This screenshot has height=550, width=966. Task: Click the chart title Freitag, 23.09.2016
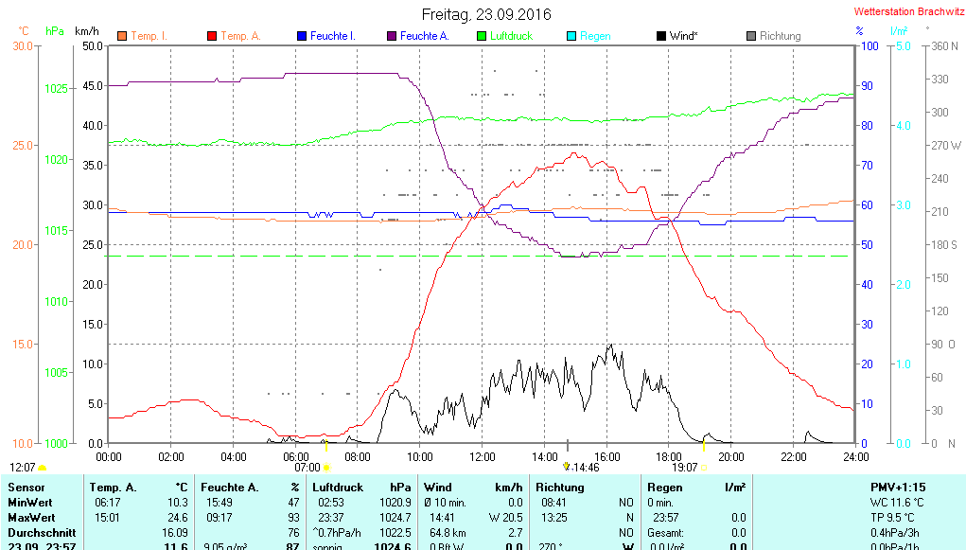click(x=485, y=14)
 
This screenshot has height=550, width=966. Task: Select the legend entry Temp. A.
click(x=240, y=36)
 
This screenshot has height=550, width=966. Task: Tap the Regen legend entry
click(x=595, y=36)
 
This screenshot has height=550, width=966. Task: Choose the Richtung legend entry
click(x=780, y=36)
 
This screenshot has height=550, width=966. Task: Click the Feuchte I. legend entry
click(x=333, y=36)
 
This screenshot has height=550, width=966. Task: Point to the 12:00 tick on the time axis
click(x=482, y=456)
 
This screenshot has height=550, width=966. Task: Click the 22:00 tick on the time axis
click(x=793, y=456)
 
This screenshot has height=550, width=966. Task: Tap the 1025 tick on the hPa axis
click(x=57, y=89)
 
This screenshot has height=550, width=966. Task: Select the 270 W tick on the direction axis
click(x=945, y=146)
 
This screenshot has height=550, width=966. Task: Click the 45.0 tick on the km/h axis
click(x=92, y=85)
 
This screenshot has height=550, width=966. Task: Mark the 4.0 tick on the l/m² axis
click(x=903, y=125)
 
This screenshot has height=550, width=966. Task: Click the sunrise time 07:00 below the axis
click(x=307, y=468)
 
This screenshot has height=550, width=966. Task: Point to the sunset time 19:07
click(x=684, y=468)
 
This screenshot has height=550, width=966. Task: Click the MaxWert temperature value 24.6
click(x=177, y=518)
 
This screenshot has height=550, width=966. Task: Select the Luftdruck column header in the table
click(x=338, y=487)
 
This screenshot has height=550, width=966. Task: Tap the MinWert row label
click(x=31, y=502)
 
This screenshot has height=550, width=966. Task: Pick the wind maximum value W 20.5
click(x=505, y=518)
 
